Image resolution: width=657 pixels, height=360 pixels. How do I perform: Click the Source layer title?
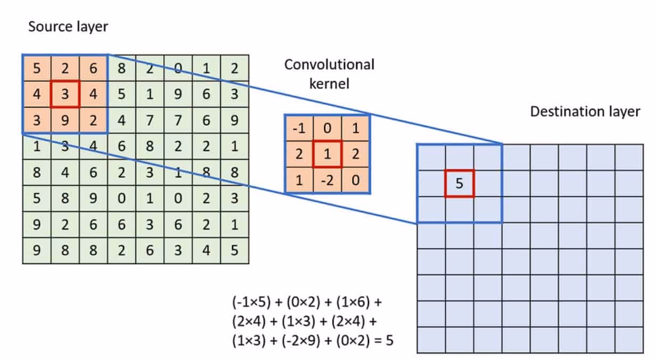point(68,27)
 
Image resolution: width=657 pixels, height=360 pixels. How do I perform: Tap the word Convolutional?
point(329,65)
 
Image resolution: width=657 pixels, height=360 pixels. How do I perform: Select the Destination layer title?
point(585,112)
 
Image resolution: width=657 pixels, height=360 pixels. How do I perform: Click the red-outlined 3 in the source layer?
point(64,94)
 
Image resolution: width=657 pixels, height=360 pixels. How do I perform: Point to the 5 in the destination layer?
point(459,184)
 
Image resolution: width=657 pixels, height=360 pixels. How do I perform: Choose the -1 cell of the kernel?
point(299,129)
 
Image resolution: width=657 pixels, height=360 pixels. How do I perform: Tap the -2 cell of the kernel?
point(327,180)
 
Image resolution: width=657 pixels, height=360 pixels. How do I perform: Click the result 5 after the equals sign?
point(389,340)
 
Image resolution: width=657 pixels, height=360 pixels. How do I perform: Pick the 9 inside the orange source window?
point(64,121)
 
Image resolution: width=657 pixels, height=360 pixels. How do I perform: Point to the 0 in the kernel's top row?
point(327,129)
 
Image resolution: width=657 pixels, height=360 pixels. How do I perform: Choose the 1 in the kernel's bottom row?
point(299,180)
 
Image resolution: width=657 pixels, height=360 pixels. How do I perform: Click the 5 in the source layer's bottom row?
point(235,249)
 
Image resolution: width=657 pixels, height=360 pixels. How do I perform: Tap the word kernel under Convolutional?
point(329,84)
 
